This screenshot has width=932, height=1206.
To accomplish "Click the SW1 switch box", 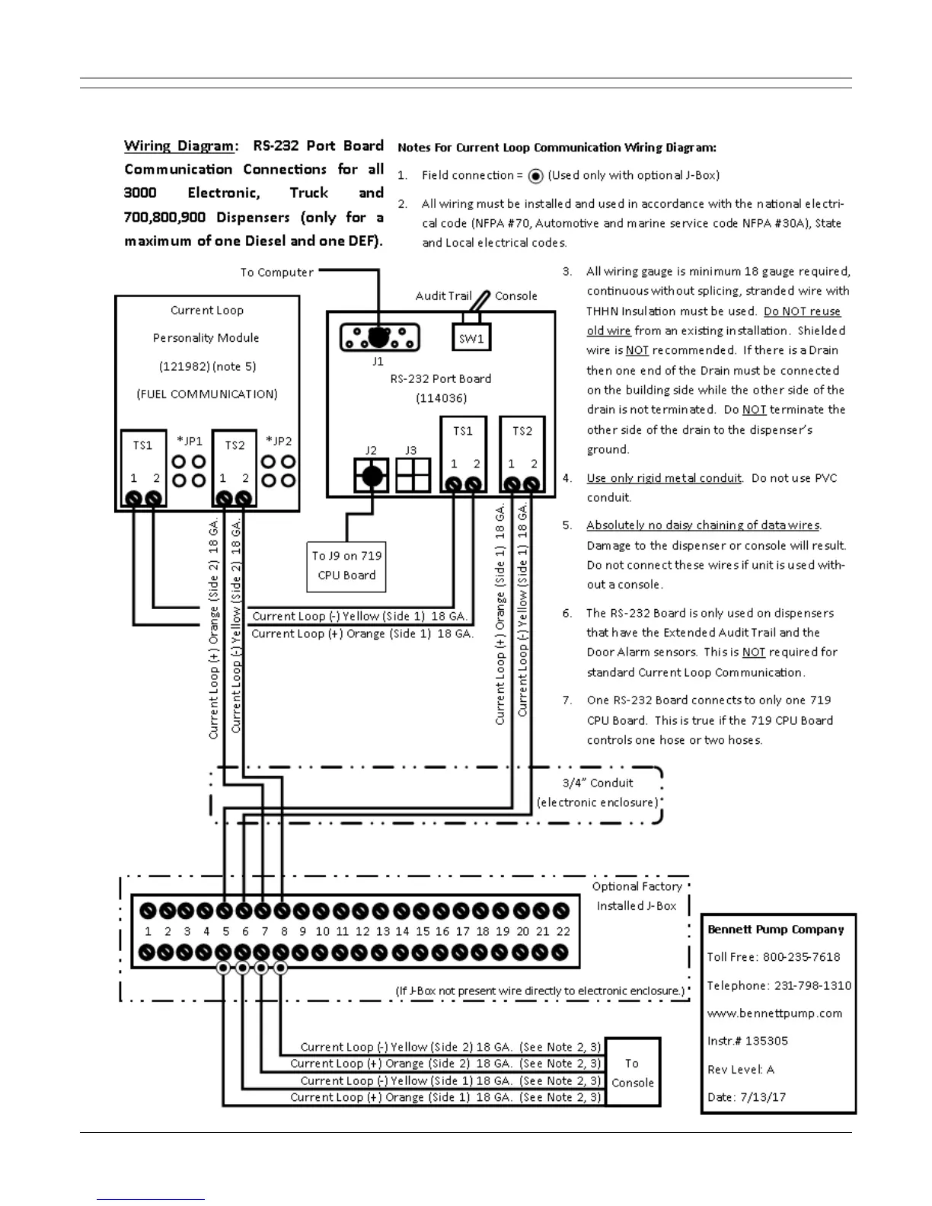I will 471,337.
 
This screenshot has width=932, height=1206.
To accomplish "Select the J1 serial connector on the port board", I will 379,337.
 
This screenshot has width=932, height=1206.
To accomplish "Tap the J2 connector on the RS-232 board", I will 372,476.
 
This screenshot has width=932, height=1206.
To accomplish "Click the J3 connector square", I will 413,476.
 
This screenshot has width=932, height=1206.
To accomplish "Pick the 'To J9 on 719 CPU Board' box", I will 346,566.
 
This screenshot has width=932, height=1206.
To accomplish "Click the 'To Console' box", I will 632,1073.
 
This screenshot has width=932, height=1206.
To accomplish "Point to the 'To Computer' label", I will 276,273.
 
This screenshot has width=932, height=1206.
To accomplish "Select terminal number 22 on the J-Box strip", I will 563,931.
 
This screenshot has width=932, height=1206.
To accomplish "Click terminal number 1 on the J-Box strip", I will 148,931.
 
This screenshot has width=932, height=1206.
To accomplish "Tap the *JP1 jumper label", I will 190,441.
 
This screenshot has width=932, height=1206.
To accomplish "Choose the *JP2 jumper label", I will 279,441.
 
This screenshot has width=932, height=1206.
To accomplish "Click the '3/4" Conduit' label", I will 598,783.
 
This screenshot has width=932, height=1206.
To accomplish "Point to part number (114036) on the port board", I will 441,398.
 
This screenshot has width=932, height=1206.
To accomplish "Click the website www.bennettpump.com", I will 774,1013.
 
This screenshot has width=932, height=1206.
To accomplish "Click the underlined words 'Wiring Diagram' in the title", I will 179,146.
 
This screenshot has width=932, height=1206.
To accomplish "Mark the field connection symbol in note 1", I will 536,176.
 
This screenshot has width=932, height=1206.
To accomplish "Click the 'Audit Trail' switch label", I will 443,296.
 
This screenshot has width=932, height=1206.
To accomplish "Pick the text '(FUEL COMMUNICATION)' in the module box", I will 207,394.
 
